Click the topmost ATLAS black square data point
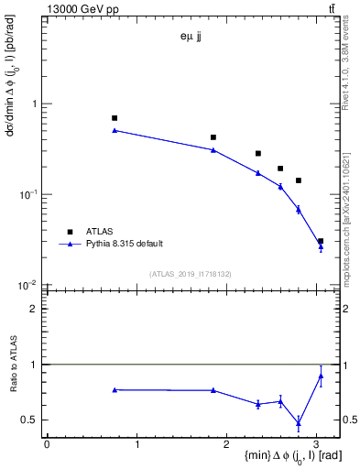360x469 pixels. [x=115, y=118]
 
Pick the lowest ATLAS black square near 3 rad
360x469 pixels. [x=321, y=241]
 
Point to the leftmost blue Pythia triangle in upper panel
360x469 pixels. [x=115, y=130]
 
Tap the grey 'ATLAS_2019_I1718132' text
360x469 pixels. [x=192, y=273]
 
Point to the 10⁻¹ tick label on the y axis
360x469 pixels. [x=32, y=193]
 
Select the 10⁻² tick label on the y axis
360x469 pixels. [x=32, y=285]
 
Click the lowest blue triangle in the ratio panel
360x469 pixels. [x=299, y=422]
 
